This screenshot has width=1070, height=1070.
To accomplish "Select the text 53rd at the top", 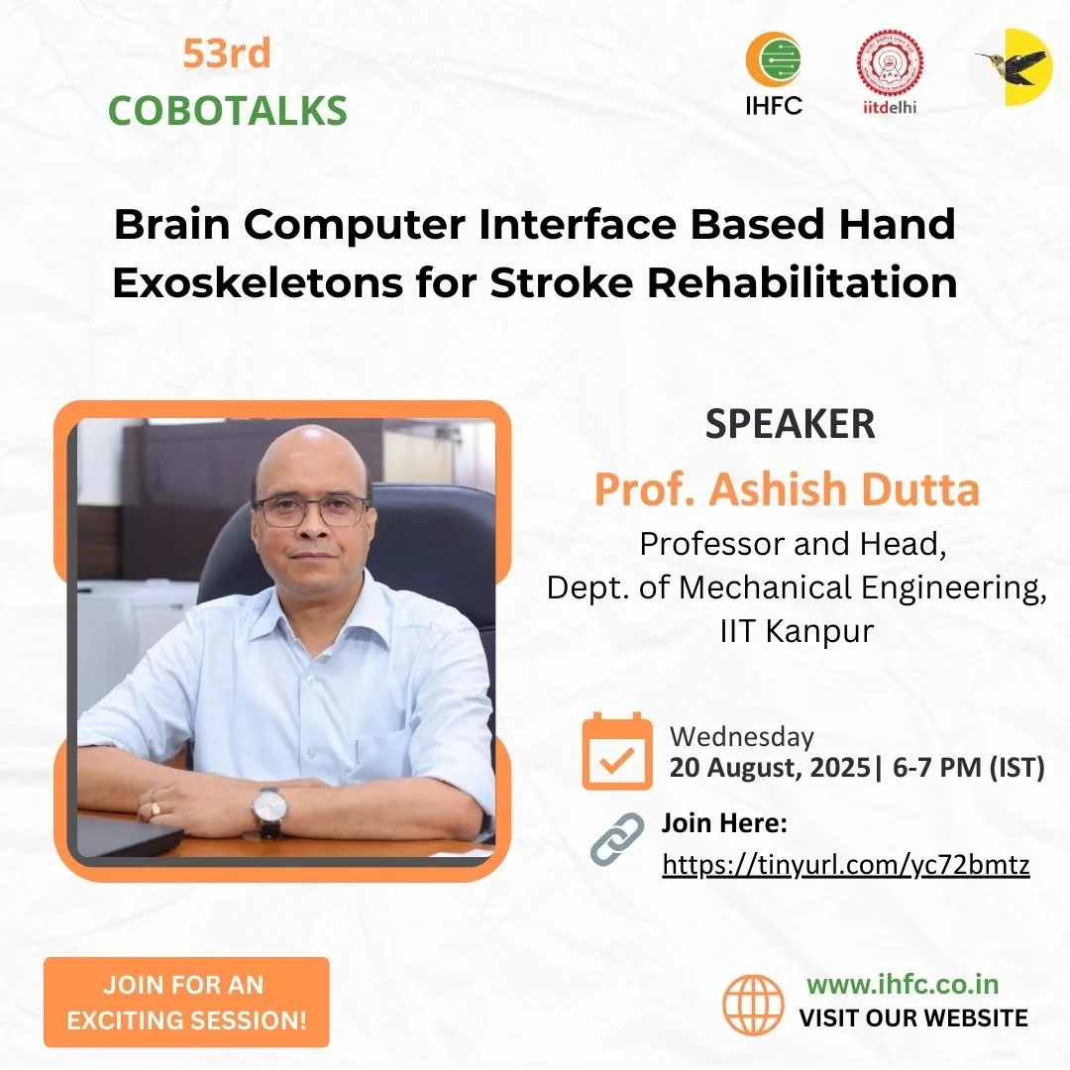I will coord(227,54).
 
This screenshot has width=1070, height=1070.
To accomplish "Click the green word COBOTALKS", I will coord(228,111).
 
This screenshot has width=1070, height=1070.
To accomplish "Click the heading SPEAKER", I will coord(790,424).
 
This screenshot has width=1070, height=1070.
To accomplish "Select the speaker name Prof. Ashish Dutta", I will coord(787,489).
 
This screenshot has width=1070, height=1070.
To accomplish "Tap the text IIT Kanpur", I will coord(797,631).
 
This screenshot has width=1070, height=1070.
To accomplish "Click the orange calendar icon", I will coord(617,752).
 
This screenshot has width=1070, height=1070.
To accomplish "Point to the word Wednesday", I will coord(742,736).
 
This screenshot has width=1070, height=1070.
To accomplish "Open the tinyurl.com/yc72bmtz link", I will coord(846,865).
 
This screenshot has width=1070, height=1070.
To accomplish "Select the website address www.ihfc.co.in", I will coord(902,984).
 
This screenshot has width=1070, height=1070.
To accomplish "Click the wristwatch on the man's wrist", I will coord(268,809).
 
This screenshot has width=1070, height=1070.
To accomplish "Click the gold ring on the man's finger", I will coord(155,809).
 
